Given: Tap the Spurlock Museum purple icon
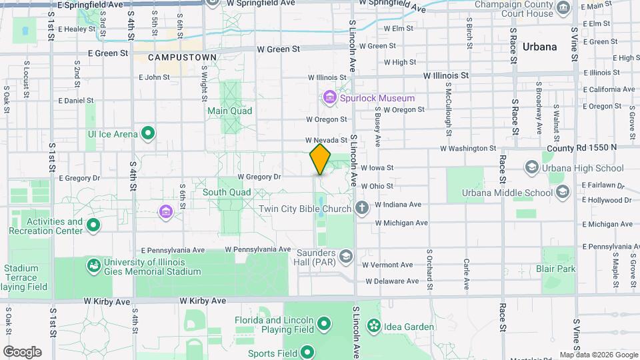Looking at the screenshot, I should pyautogui.click(x=329, y=98).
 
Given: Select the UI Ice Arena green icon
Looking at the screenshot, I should pyautogui.click(x=149, y=134).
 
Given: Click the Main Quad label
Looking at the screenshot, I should pyautogui.click(x=229, y=111).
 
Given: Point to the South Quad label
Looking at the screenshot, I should pyautogui.click(x=227, y=192).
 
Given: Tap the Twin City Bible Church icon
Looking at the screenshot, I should pyautogui.click(x=362, y=209).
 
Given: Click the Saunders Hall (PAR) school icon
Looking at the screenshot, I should pyautogui.click(x=345, y=255).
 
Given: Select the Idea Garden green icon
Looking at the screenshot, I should pyautogui.click(x=374, y=327).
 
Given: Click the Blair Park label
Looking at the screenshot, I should pyautogui.click(x=555, y=269).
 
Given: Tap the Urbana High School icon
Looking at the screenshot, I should pyautogui.click(x=533, y=167).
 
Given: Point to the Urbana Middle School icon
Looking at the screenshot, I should pyautogui.click(x=562, y=193).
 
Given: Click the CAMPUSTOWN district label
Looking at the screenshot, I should pyautogui.click(x=182, y=57).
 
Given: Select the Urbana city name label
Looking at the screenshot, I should pyautogui.click(x=539, y=47).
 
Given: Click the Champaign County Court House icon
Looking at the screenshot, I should pyautogui.click(x=564, y=9).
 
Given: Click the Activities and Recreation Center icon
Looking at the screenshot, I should pyautogui.click(x=93, y=225).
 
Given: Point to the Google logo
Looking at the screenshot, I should pyautogui.click(x=21, y=351).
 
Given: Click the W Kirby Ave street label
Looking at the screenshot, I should pyautogui.click(x=107, y=301).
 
